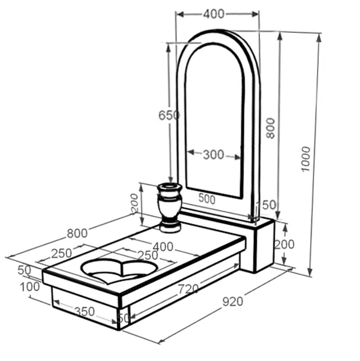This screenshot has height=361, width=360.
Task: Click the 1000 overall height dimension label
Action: [x=306, y=159]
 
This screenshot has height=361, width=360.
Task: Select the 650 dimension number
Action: [x=169, y=115]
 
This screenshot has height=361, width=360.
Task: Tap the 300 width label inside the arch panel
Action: [x=214, y=155]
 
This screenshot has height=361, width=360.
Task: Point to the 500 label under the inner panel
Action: [x=207, y=198]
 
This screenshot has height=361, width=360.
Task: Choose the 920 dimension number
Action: [x=233, y=301]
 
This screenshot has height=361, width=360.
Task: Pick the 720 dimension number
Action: [x=188, y=289]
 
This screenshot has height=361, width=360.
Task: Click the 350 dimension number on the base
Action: [x=85, y=312]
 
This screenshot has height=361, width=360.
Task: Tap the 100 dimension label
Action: [x=30, y=287]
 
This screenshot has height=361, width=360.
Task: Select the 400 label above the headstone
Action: [x=214, y=14]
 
